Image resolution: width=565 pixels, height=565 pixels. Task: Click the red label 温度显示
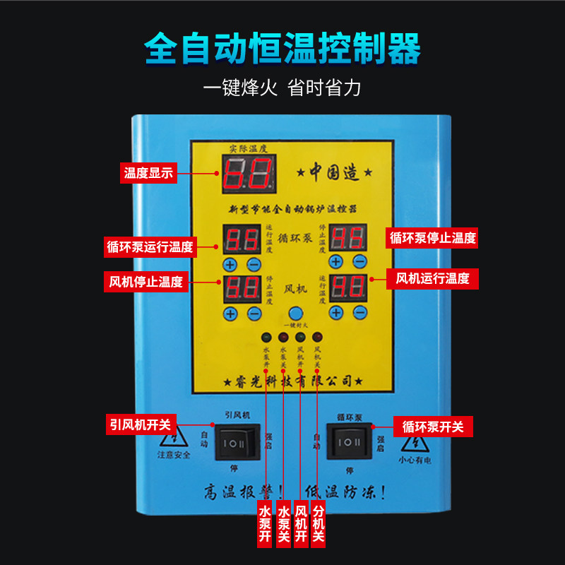(148, 172)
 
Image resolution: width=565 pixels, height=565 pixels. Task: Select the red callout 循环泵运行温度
(149, 247)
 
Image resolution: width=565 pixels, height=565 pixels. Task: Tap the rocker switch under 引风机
(237, 443)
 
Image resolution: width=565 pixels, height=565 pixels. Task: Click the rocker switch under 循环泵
(349, 443)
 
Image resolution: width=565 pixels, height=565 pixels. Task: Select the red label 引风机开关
(140, 424)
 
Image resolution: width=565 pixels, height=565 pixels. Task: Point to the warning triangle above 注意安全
(173, 438)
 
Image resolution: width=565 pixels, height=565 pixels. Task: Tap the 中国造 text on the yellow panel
(340, 172)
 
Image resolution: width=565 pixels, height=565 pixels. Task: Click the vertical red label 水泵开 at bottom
(265, 523)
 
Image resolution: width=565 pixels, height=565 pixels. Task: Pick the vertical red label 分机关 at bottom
(318, 523)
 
